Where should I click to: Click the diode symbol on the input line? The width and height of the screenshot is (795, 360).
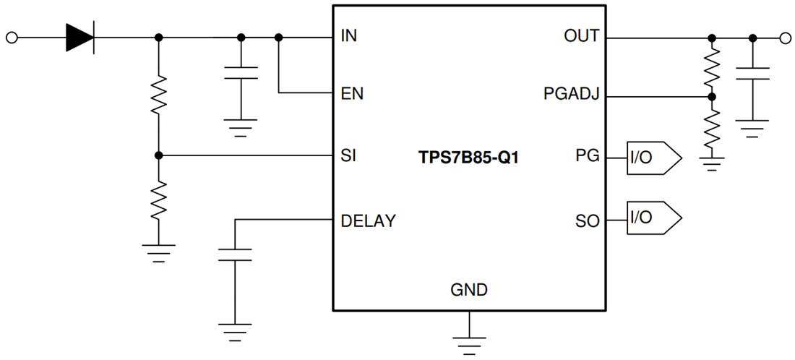coord(80,37)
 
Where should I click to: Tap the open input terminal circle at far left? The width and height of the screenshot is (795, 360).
coord(11,37)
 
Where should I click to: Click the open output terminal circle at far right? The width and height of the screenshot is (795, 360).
coord(786,37)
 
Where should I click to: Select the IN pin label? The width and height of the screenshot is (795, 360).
coord(348,36)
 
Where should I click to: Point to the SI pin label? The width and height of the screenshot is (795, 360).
coord(348,155)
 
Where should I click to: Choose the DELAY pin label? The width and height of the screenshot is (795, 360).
coord(368,220)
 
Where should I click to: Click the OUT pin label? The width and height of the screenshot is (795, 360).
coord(581,36)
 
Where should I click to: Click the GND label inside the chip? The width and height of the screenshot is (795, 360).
coord(468,291)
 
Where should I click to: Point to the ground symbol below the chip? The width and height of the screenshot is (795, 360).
coord(469,340)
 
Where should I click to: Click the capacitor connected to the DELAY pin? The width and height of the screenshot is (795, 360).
coord(234,254)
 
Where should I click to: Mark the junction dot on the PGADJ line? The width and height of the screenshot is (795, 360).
coord(712,95)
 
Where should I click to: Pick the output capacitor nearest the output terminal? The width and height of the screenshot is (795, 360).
coord(752,74)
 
